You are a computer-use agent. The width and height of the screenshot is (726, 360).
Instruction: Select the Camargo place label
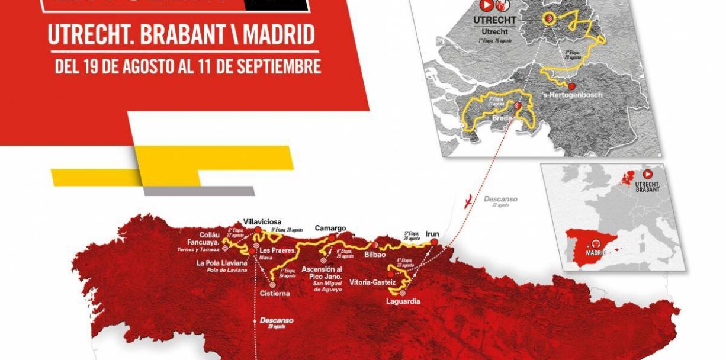pos(330,227)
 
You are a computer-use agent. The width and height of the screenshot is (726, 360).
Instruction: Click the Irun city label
pos(432,234)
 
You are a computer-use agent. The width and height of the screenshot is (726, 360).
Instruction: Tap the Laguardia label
pos(403,301)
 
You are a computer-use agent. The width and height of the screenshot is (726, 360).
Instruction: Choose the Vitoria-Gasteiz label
pos(372,282)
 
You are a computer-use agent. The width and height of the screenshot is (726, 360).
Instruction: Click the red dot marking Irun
pos(435,242)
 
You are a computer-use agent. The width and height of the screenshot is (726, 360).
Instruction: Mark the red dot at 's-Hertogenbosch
pos(572,86)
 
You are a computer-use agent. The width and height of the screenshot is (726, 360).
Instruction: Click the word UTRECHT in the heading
pos(86,35)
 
